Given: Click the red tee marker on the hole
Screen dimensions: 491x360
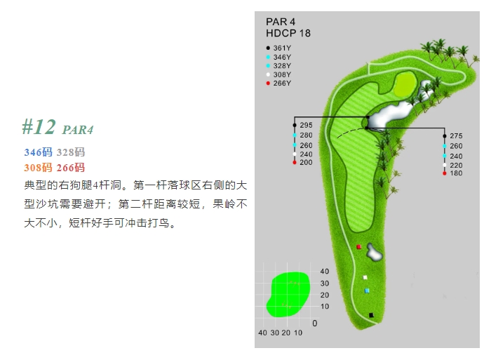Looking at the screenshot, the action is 359,247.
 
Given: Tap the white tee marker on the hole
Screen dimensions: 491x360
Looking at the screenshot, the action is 365,277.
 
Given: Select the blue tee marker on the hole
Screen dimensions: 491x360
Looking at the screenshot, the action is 367,291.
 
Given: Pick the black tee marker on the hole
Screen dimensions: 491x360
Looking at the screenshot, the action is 371,315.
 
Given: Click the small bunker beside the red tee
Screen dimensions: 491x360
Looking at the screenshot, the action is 374,252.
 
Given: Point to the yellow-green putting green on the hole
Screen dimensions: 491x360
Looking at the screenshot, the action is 405,84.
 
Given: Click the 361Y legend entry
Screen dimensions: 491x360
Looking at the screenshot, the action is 278,48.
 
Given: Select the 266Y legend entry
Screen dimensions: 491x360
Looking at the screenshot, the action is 278,83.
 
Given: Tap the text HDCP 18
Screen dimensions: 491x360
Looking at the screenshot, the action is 288,33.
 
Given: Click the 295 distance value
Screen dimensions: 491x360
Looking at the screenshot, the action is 306,125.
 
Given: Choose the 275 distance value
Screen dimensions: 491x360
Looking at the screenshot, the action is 456,136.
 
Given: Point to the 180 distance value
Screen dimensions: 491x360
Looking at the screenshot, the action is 456,173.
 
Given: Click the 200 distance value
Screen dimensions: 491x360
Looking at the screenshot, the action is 306,162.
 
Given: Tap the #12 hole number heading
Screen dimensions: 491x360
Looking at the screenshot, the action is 39,127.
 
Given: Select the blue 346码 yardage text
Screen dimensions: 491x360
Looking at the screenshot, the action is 38,152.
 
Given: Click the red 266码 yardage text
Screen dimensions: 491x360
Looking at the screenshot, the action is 70,168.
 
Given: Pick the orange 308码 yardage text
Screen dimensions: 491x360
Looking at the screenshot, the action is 38,168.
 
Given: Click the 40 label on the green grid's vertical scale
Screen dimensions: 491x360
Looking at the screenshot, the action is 324,272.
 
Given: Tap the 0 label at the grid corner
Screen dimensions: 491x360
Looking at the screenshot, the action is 315,324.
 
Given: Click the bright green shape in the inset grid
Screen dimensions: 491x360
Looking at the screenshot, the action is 288,295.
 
